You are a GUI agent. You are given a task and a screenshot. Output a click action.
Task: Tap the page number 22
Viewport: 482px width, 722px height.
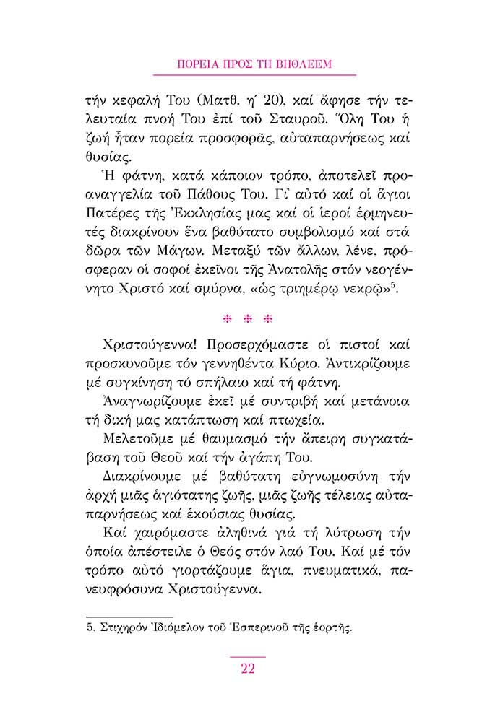pos(248,668)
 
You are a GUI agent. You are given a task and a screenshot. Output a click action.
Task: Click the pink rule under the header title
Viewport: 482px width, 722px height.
pos(255,74)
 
